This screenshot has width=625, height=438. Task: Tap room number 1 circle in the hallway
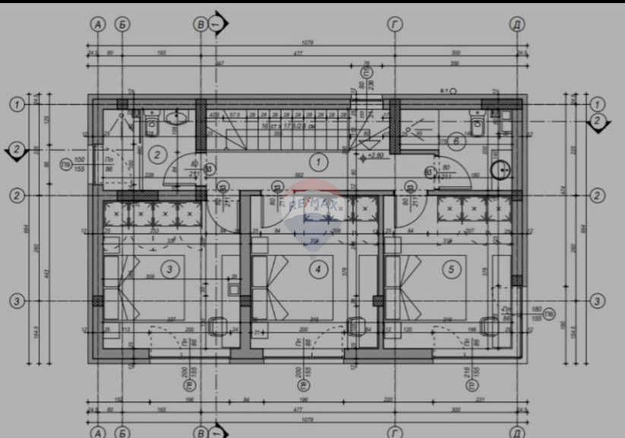pyautogui.click(x=319, y=160)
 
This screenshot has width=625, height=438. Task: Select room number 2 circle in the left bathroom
pyautogui.click(x=157, y=154)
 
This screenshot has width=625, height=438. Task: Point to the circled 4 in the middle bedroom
pyautogui.click(x=319, y=268)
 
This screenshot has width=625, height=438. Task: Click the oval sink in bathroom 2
pyautogui.click(x=176, y=117)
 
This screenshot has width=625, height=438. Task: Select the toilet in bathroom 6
pyautogui.click(x=477, y=124)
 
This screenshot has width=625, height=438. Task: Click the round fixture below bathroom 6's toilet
pyautogui.click(x=501, y=169)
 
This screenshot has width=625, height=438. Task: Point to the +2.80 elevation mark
pyautogui.click(x=375, y=156)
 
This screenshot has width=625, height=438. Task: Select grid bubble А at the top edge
pyautogui.click(x=97, y=24)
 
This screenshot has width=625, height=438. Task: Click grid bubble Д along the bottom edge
pyautogui.click(x=517, y=432)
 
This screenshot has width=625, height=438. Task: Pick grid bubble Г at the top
pyautogui.click(x=395, y=24)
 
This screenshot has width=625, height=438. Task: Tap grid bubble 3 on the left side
pyautogui.click(x=16, y=301)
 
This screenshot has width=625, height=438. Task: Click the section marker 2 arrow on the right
pyautogui.click(x=598, y=122)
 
